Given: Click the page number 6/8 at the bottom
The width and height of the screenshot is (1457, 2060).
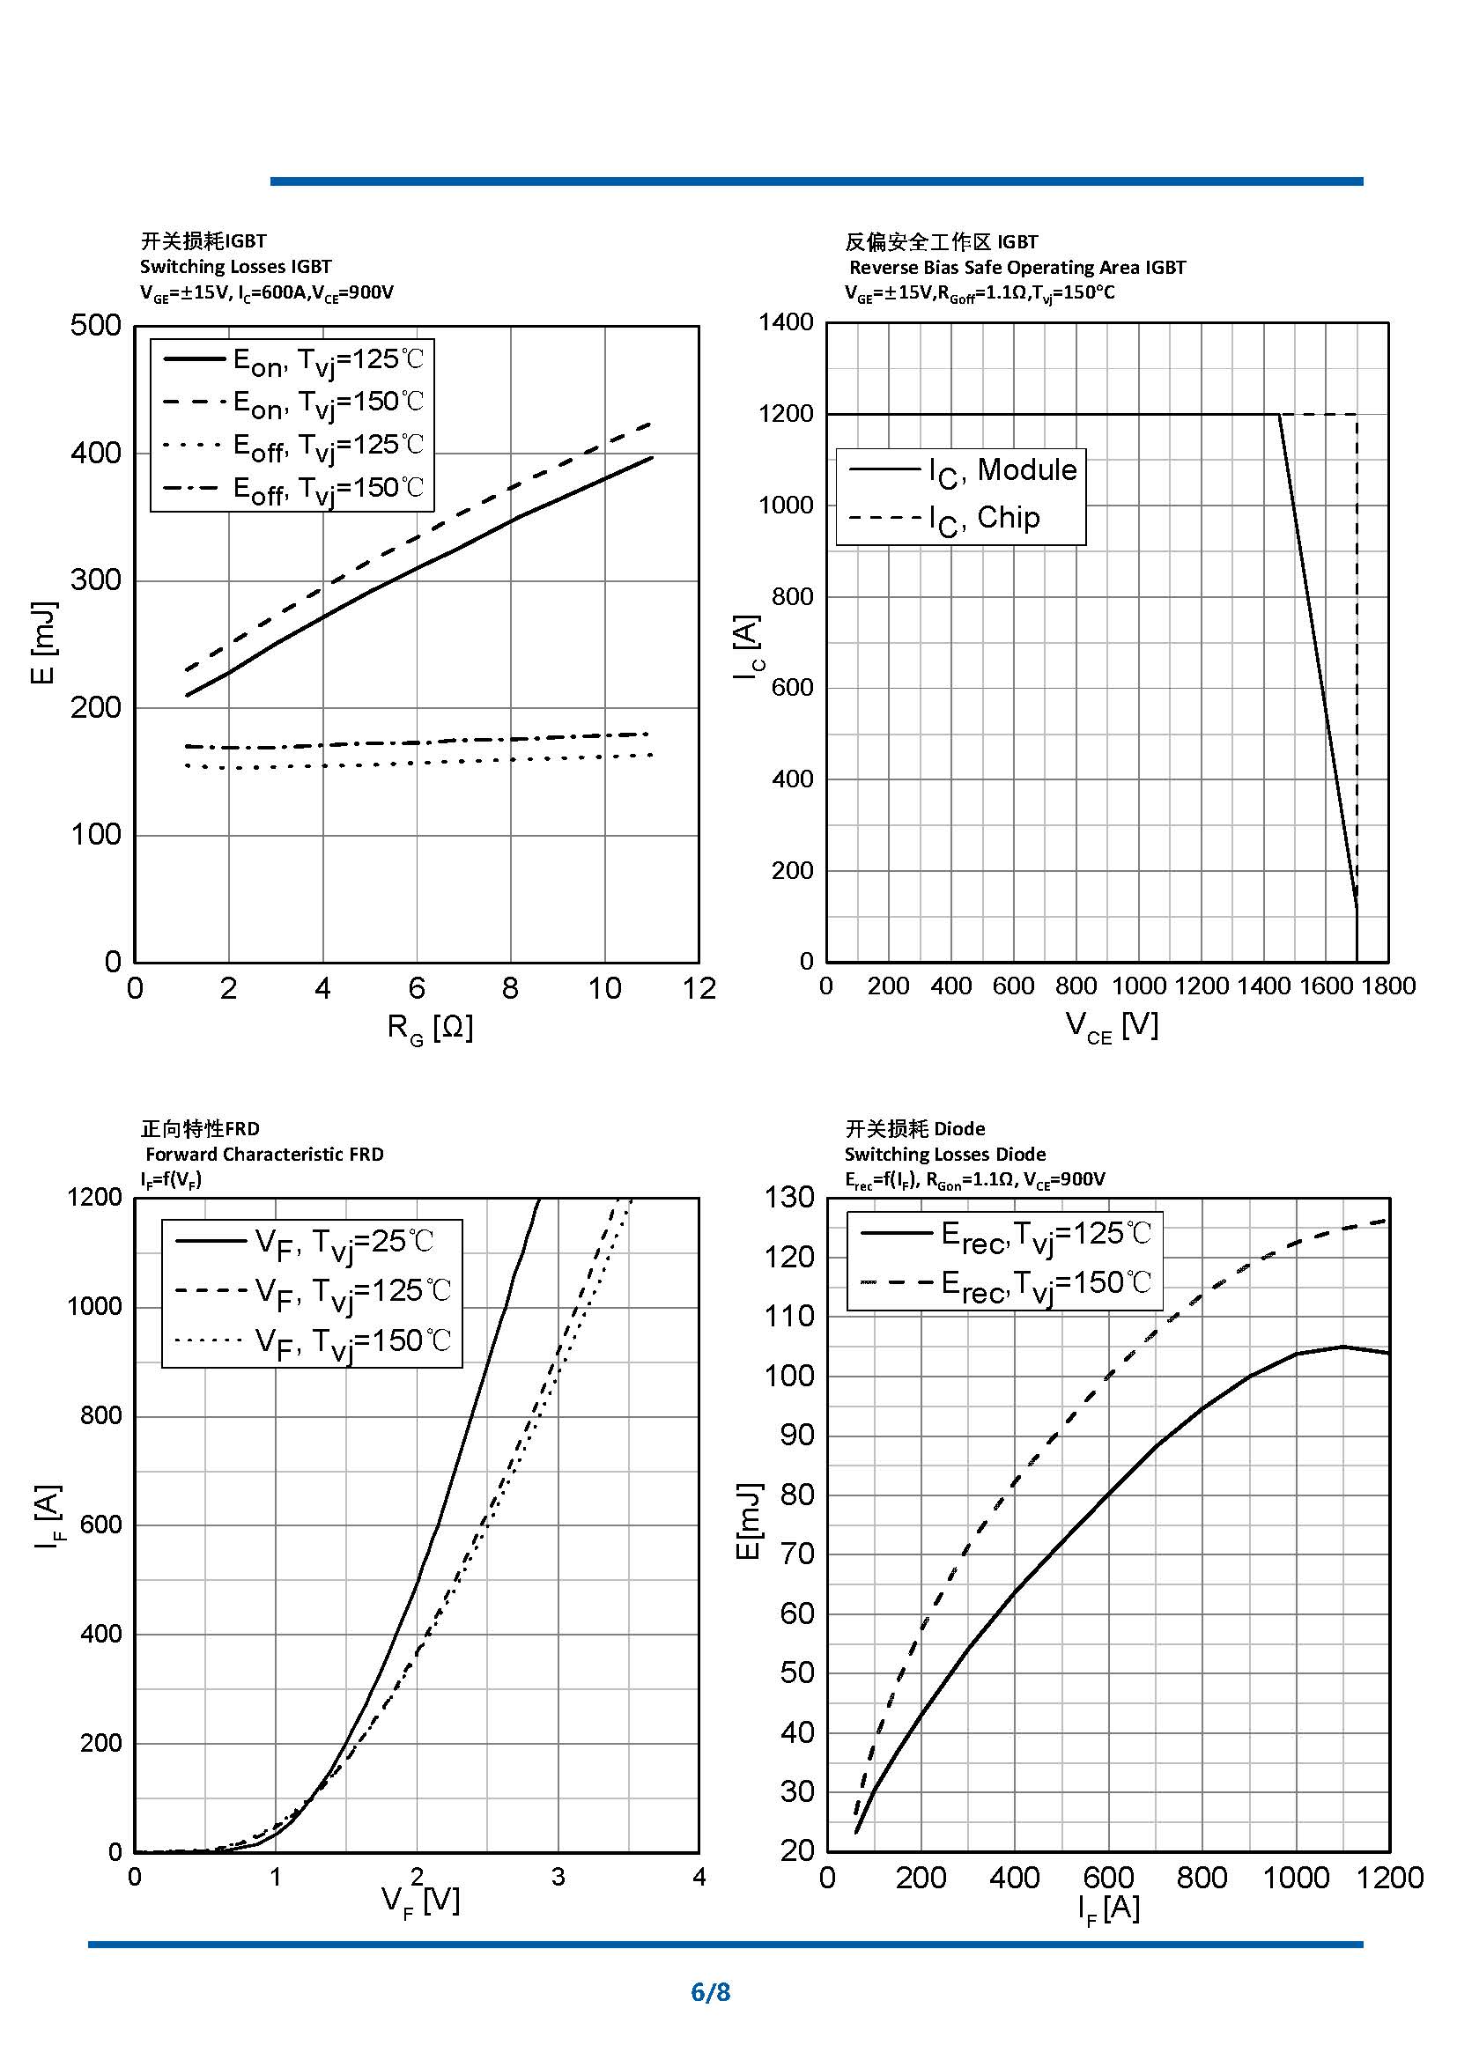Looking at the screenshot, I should click(x=711, y=1992).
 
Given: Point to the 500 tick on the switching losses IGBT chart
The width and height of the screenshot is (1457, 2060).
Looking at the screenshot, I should click(x=96, y=325).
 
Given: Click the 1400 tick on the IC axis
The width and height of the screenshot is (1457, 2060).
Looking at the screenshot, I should click(x=786, y=322).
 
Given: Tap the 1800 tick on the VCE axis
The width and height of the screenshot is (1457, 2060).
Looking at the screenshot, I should click(x=1388, y=986).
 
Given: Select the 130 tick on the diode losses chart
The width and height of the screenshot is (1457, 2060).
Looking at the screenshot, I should click(x=789, y=1197).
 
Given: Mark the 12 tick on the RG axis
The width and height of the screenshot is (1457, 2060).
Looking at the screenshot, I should click(x=699, y=989).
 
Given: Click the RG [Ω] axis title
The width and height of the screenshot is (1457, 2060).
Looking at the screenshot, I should click(x=430, y=1027).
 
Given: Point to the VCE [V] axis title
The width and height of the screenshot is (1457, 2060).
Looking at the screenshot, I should click(x=1112, y=1025).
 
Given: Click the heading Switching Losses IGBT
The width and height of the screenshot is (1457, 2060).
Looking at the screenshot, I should click(x=235, y=267).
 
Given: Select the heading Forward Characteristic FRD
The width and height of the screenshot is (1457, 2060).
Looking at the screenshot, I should click(x=264, y=1154).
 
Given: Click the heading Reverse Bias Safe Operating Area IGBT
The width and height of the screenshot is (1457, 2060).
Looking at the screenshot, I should click(x=1017, y=268).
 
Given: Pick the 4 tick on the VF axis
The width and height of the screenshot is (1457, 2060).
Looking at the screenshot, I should click(x=699, y=1877).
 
